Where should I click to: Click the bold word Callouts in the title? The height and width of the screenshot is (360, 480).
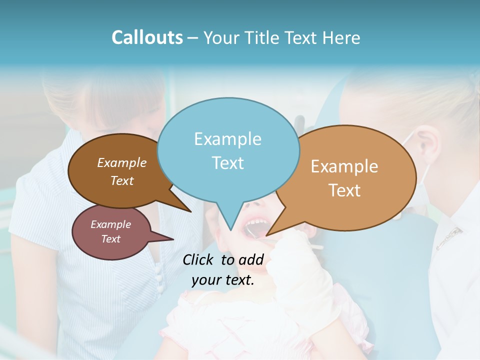pos(147,37)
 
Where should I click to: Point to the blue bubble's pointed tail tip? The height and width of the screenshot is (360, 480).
pos(230,230)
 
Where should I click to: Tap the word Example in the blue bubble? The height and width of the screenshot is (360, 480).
pos(227,139)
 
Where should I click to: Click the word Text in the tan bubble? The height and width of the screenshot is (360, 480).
pos(344,190)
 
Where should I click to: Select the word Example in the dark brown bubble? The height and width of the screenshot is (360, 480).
pos(121,162)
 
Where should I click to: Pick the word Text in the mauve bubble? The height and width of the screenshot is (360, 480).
pos(110,239)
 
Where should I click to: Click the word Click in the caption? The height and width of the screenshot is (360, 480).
pos(198,259)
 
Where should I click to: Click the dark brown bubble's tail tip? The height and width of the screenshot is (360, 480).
pos(190,212)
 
